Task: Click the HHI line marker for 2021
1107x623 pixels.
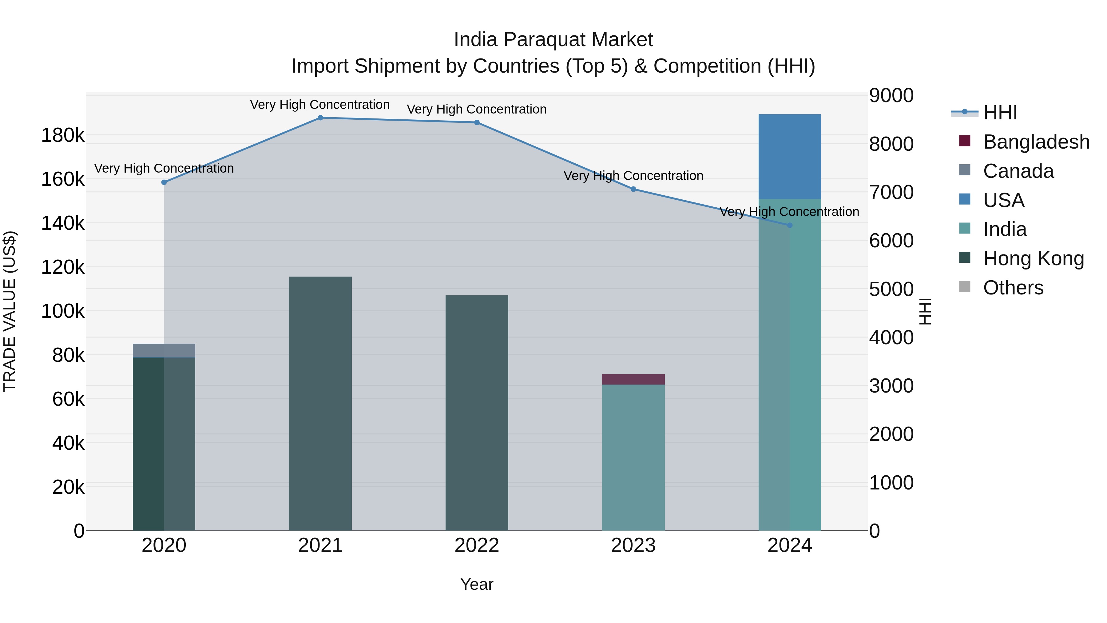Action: coord(320,118)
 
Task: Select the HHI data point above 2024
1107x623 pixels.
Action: coord(789,225)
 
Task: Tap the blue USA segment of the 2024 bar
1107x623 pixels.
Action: coord(789,157)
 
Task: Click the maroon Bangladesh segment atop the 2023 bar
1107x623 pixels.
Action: coord(633,379)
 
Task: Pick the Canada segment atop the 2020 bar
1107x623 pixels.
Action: coord(164,350)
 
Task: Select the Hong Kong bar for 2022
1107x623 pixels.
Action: coord(477,413)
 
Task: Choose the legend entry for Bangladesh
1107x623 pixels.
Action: coord(1036,142)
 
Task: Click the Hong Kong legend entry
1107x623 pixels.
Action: coord(1033,258)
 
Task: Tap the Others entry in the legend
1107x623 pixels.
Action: coord(1013,288)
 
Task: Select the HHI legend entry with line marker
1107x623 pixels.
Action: coord(1000,113)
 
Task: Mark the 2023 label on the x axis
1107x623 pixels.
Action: coord(633,545)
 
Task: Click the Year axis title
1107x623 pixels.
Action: coord(477,584)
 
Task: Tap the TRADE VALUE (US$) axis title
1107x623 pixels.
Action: coord(10,311)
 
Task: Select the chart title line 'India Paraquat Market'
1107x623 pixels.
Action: coord(553,40)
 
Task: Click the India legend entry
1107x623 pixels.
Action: coord(1005,229)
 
